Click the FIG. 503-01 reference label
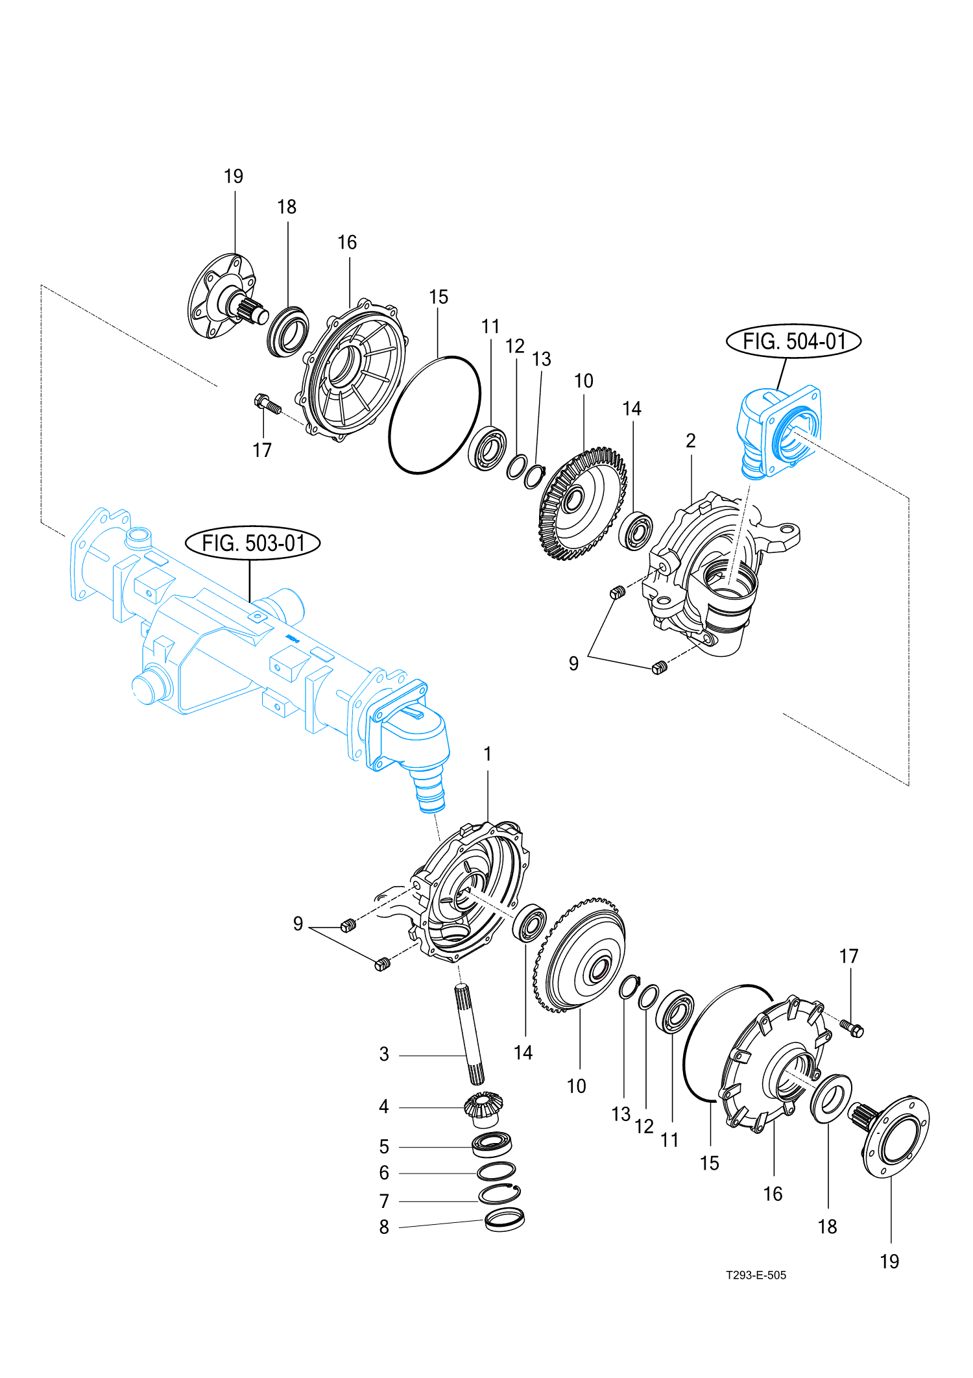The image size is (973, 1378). pyautogui.click(x=253, y=543)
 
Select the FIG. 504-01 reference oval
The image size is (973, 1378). pyautogui.click(x=793, y=341)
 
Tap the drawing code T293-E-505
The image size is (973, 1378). pyautogui.click(x=756, y=1275)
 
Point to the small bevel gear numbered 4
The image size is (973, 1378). pyautogui.click(x=483, y=1108)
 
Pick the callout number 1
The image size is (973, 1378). pyautogui.click(x=488, y=754)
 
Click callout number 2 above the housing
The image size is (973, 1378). pyautogui.click(x=691, y=441)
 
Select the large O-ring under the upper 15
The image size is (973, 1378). pyautogui.click(x=435, y=415)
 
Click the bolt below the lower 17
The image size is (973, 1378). pyautogui.click(x=852, y=1027)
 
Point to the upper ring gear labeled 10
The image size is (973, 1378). pyautogui.click(x=583, y=504)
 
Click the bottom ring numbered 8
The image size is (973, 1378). pyautogui.click(x=505, y=1219)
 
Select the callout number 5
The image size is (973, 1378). pyautogui.click(x=384, y=1146)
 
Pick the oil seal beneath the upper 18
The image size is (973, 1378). pyautogui.click(x=287, y=331)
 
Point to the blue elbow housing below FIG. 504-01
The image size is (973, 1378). pyautogui.click(x=778, y=432)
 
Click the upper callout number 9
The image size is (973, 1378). pyautogui.click(x=573, y=663)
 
